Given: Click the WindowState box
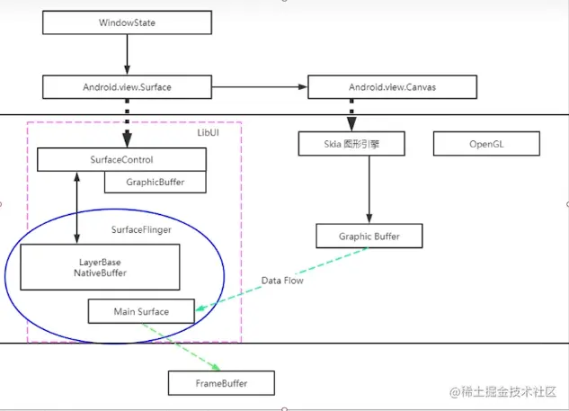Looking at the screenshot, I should point(126,22).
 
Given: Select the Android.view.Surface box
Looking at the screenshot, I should point(126,87).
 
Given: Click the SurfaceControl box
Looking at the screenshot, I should point(121,160).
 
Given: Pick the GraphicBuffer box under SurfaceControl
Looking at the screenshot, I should point(155,182).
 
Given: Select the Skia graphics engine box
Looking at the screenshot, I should point(351,143).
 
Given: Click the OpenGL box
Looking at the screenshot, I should point(487,143).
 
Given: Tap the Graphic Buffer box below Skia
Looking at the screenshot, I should point(369,237).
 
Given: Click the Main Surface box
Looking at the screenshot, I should point(141,312).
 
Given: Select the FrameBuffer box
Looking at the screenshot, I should point(221,383).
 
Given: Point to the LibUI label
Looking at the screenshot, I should point(208,132).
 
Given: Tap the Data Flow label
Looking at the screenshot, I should point(282,281).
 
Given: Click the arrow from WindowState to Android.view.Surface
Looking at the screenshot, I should point(126,56).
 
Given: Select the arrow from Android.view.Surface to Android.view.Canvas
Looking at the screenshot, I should point(259,87).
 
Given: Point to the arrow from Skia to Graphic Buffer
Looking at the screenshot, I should point(369,189).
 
